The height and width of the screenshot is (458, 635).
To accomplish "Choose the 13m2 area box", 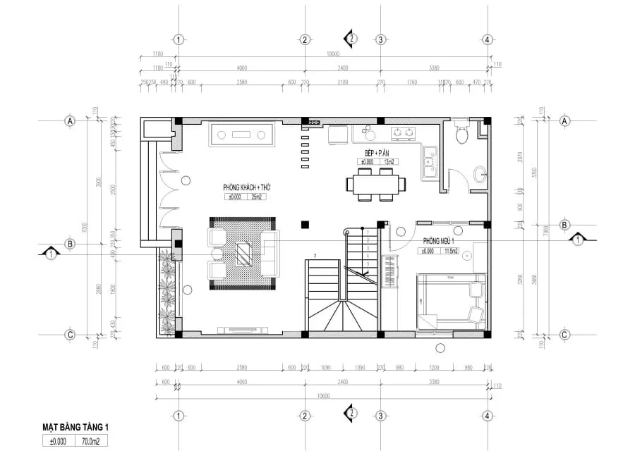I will pyautogui.click(x=387, y=162).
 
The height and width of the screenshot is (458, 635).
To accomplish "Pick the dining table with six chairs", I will pyautogui.click(x=376, y=185).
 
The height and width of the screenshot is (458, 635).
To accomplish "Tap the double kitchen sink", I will pyautogui.click(x=429, y=163).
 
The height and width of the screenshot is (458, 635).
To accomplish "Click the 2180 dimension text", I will pyautogui.click(x=342, y=82).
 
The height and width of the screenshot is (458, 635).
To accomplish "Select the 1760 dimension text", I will pyautogui.click(x=411, y=82).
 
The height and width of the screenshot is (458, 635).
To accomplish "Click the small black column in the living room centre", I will pyautogui.click(x=305, y=225).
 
